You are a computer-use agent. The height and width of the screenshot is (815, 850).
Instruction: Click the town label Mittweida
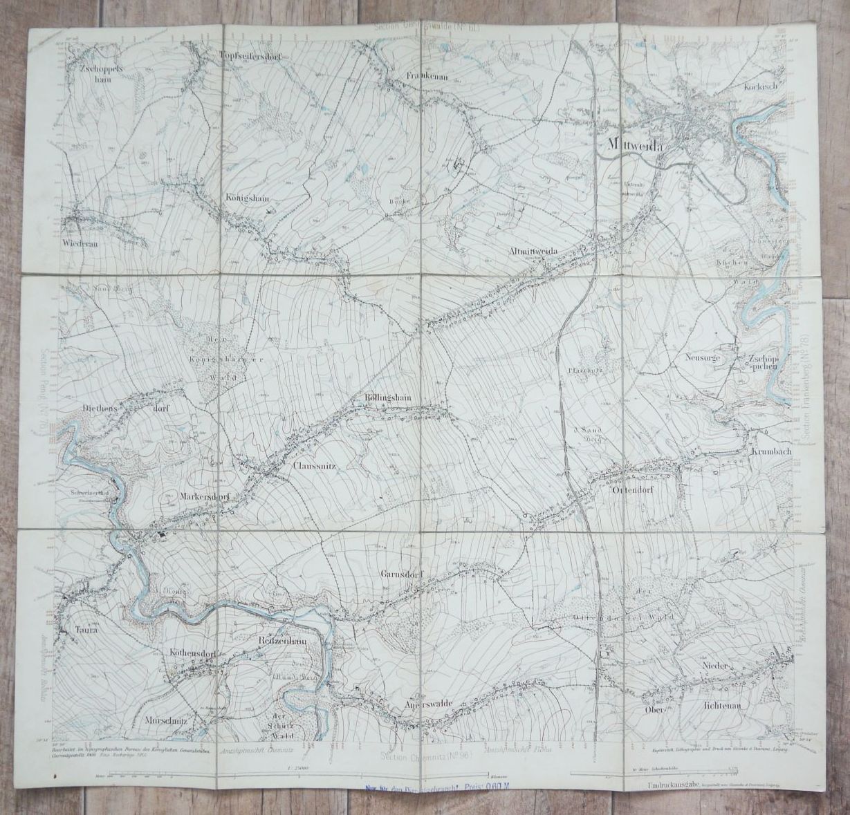click(x=634, y=144)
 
